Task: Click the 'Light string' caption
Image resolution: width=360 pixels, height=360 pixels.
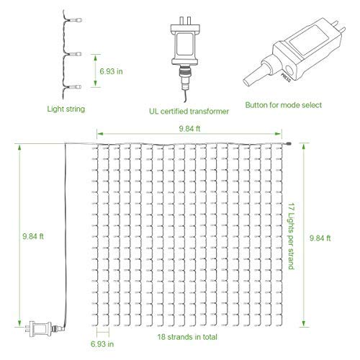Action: coord(66,109)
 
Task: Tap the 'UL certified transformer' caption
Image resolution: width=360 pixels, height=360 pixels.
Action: coord(189,111)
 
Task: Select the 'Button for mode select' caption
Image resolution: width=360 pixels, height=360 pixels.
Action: coord(284,105)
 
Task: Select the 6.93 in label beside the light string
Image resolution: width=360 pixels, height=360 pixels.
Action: coord(111,71)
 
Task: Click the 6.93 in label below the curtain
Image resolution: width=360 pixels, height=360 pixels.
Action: coord(102,344)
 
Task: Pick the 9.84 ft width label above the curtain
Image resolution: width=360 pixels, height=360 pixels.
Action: coord(189,128)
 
